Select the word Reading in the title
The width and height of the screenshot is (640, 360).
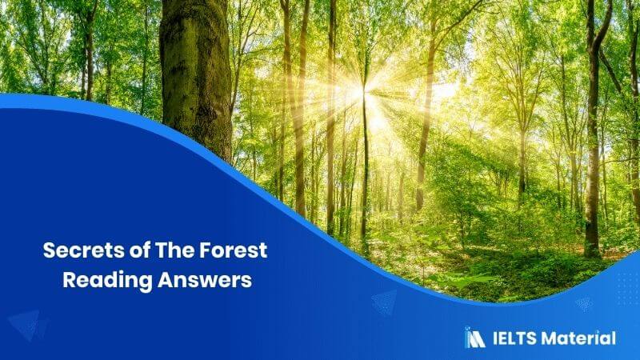(x=108, y=281)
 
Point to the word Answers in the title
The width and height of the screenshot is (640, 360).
(x=205, y=280)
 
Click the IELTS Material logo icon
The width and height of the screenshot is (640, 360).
(x=474, y=337)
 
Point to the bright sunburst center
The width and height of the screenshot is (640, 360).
(x=362, y=92)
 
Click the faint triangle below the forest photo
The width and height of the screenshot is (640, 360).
(x=384, y=302)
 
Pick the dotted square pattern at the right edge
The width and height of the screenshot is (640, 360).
(x=627, y=286)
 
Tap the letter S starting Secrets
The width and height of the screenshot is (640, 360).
(x=49, y=250)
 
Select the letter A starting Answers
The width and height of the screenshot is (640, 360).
(x=165, y=280)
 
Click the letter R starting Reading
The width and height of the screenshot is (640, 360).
(x=70, y=280)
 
